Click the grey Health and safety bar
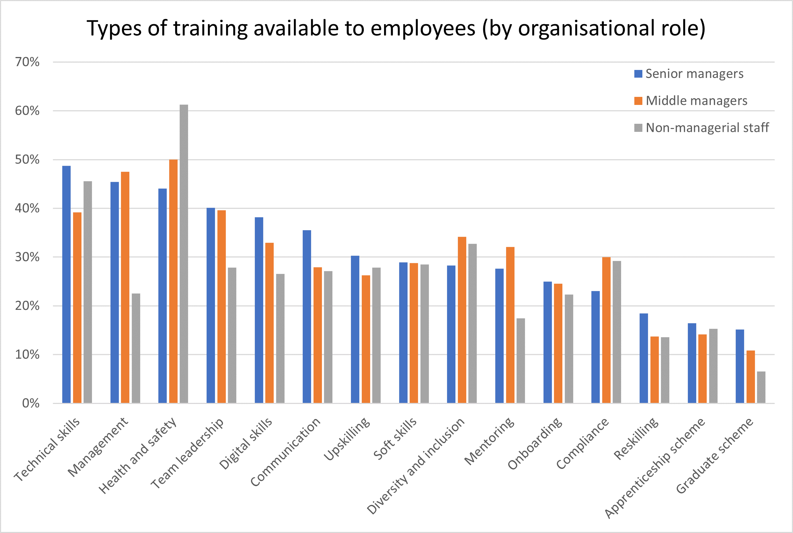point(184,254)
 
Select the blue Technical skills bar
point(66,284)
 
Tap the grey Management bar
point(136,348)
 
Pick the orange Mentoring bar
point(510,325)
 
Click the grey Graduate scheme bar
point(761,387)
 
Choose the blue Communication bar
point(307,317)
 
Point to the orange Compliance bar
point(606,330)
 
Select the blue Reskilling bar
point(643,358)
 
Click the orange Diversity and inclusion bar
point(462,320)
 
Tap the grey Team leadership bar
point(232,335)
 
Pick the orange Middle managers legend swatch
point(638,101)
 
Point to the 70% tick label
point(27,62)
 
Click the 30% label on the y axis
point(27,257)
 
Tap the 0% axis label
point(31,403)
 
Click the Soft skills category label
point(395,439)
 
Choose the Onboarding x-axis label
point(535,443)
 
